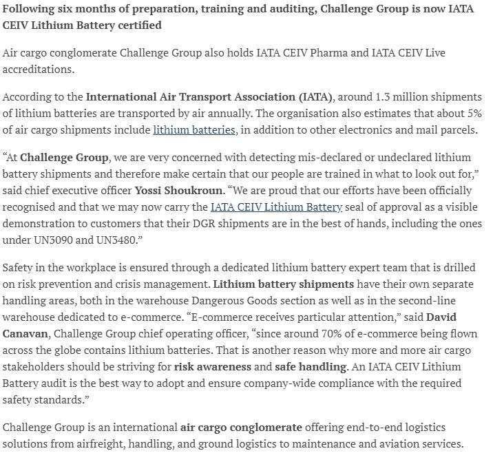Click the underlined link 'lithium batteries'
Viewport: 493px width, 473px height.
coord(194,129)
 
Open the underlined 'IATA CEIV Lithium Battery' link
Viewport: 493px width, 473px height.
coord(276,207)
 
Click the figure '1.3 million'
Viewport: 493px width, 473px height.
coord(391,96)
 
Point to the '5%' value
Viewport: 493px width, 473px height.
coord(472,113)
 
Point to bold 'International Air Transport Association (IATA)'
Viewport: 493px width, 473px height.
coord(209,96)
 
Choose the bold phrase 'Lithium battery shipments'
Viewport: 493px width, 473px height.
coord(284,284)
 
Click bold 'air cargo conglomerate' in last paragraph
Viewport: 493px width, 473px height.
coord(240,427)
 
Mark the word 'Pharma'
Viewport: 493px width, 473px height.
coord(347,53)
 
